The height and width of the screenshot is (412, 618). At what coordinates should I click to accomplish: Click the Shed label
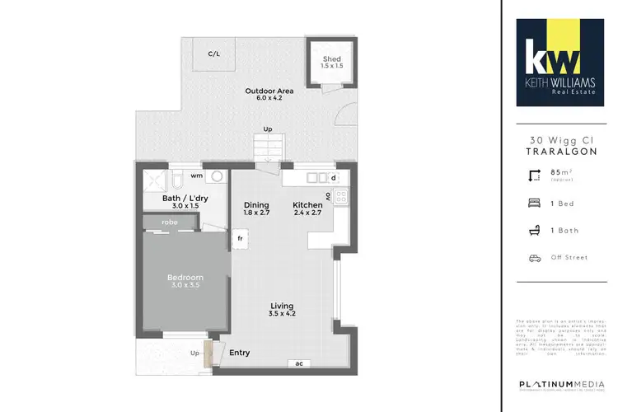point(331,59)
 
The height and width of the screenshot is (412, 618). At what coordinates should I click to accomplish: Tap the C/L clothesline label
point(213,54)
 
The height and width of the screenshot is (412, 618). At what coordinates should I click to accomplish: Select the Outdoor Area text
point(265,91)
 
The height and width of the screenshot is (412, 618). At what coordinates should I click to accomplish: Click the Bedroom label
point(185,278)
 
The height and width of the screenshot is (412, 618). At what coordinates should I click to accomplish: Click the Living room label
point(282,306)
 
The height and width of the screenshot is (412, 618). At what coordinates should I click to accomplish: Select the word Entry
point(240,353)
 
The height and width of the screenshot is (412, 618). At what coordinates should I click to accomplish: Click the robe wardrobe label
point(170,222)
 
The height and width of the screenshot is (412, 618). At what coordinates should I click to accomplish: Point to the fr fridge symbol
point(241,239)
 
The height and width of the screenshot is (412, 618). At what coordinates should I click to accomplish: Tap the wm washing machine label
point(197,176)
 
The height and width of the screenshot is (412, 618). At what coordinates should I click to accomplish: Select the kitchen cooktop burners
point(342,196)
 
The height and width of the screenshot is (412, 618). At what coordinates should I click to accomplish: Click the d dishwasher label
point(333,177)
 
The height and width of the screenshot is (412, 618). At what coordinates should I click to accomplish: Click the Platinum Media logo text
point(559,386)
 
